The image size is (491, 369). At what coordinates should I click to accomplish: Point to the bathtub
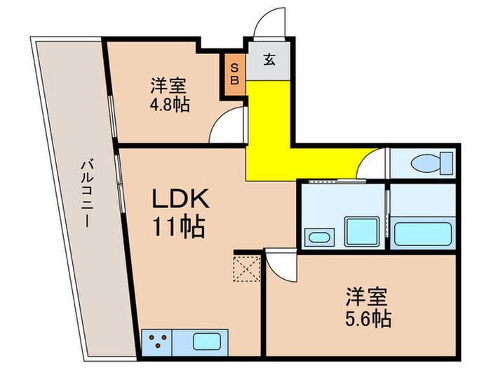(x=424, y=233)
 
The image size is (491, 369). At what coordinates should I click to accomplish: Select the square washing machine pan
(x=362, y=231)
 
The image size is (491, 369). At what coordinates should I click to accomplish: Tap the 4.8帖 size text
(x=168, y=105)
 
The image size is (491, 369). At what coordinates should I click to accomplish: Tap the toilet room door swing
(x=372, y=165)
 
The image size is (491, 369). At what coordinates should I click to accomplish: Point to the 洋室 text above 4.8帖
(x=168, y=86)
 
